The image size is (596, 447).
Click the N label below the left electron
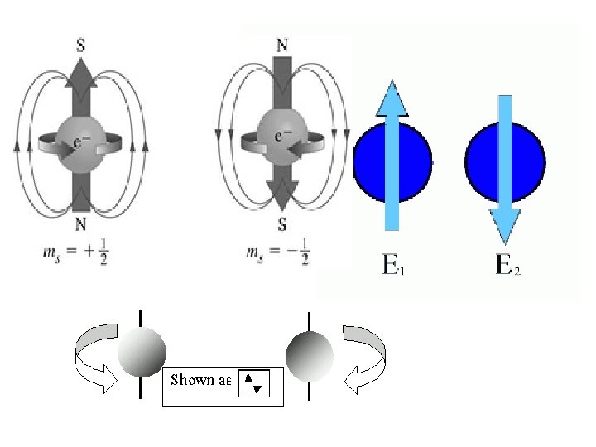(x=80, y=223)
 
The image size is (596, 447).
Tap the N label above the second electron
(x=281, y=45)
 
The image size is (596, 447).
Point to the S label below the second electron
(x=281, y=224)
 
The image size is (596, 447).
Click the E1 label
(x=392, y=265)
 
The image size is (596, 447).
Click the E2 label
(x=507, y=265)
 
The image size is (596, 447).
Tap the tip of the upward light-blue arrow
(x=392, y=85)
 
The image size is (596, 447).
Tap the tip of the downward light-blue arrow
(x=505, y=240)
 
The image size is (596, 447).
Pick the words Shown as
(x=199, y=380)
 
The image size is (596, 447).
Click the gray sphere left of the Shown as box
(x=142, y=352)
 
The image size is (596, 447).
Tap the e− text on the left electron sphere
(x=82, y=142)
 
